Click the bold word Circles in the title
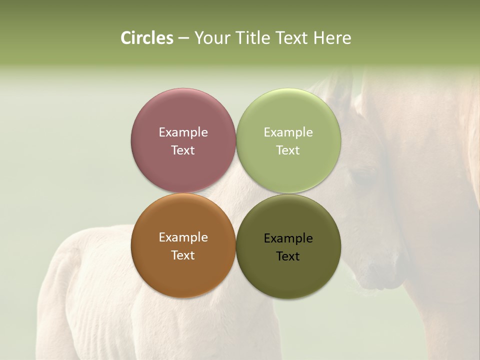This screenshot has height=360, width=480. [x=146, y=38]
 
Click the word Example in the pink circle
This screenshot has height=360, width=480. [x=183, y=132]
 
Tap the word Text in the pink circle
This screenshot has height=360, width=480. [x=183, y=150]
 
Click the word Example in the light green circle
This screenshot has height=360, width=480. [x=288, y=132]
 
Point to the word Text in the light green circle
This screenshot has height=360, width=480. [x=288, y=150]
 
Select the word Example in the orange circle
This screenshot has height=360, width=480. [x=183, y=237]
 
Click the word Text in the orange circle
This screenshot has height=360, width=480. [x=183, y=255]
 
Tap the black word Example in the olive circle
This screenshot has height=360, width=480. [x=288, y=238]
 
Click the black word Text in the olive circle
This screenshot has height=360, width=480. [x=288, y=256]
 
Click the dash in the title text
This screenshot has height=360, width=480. [x=183, y=38]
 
